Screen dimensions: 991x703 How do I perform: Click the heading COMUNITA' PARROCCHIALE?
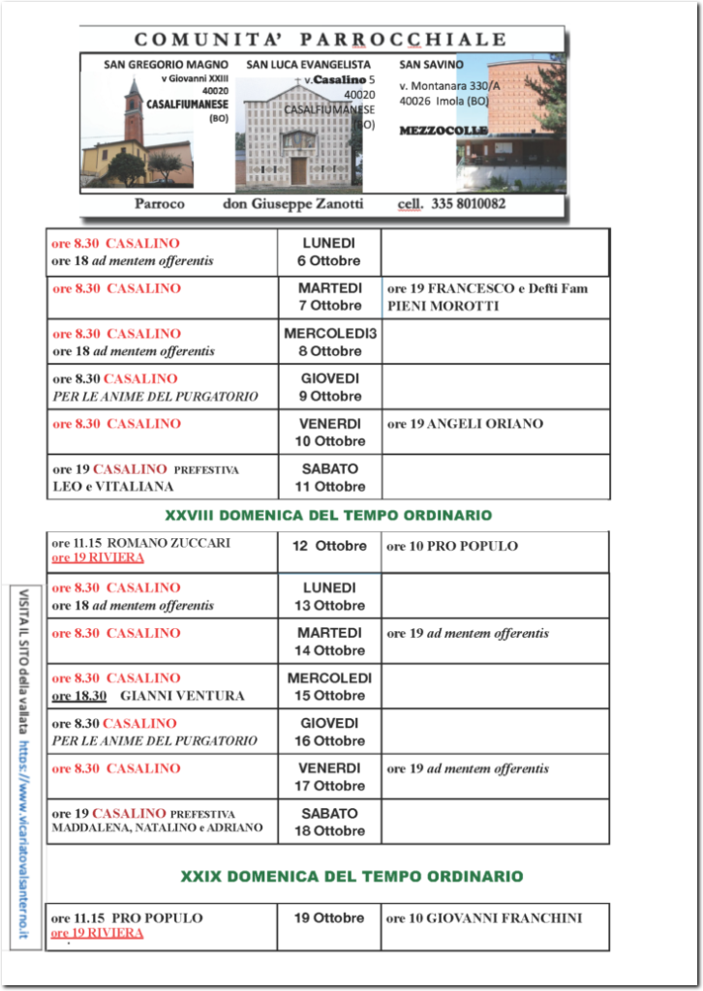pos(321,40)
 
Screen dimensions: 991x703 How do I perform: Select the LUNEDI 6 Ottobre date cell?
pos(328,252)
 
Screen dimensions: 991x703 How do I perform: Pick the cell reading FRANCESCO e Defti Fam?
pos(487,288)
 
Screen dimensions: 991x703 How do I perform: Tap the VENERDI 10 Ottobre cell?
pos(329,432)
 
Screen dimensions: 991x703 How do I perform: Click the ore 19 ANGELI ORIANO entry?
pos(465,424)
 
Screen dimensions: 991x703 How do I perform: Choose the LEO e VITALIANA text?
pos(113,486)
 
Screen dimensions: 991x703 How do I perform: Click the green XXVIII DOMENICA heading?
pos(327,515)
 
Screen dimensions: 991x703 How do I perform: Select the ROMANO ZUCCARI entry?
pos(141,543)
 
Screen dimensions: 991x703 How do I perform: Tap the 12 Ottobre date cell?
pos(329,546)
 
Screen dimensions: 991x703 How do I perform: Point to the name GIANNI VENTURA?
pos(182,695)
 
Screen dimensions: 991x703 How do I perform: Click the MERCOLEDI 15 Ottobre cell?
pos(329,686)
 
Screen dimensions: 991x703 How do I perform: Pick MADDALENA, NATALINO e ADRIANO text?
pos(157,828)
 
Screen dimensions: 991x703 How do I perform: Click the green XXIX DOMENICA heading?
pos(351,876)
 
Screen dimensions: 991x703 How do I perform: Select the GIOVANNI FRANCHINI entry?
pos(484,918)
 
